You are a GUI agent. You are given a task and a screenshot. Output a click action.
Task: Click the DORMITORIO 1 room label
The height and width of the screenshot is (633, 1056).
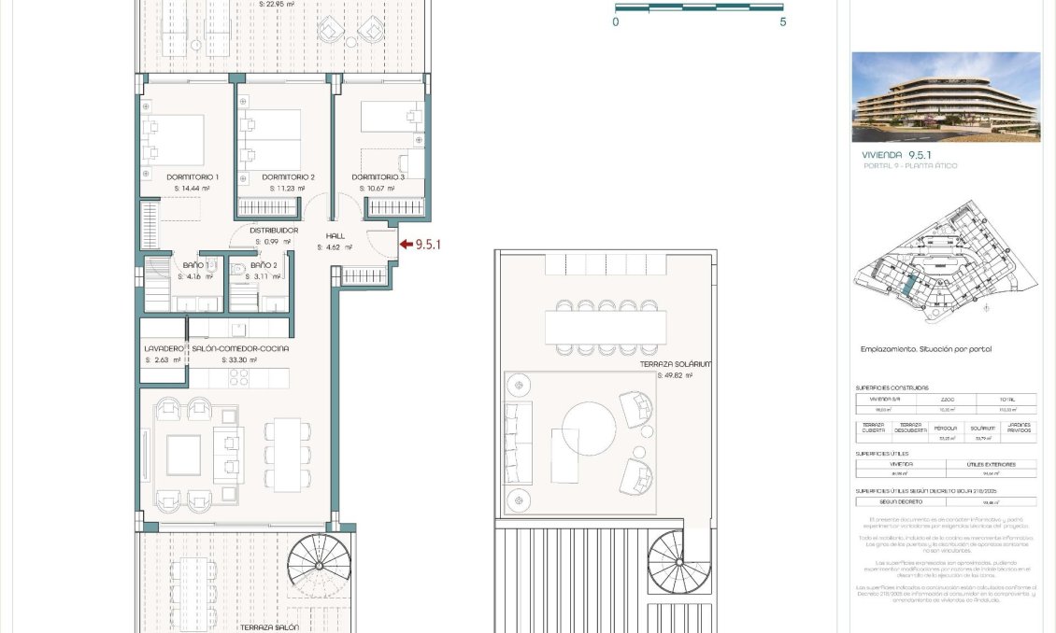192,176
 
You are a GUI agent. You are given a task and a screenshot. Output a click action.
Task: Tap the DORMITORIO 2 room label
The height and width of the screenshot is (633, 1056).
288,176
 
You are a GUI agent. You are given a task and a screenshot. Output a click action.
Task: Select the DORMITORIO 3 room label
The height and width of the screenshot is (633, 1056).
378,176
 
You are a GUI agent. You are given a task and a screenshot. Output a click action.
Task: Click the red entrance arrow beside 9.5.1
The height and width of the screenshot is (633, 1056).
406,245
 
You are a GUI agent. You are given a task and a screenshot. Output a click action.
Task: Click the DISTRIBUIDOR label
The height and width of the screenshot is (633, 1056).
274,230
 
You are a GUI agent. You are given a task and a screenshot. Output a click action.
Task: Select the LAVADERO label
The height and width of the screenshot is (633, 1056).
164,348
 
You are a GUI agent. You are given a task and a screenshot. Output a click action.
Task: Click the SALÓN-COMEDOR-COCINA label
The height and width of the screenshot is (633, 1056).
240,348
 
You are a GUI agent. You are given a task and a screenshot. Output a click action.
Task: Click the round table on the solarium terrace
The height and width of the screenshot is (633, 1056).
588,429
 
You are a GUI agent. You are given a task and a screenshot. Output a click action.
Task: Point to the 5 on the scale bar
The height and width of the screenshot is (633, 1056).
782,21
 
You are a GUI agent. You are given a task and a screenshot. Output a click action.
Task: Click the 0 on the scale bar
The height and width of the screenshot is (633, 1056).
616,21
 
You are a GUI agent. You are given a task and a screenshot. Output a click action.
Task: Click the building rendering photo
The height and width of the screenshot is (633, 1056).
946,96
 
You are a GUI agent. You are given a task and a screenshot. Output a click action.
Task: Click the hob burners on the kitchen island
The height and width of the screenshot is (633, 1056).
237,376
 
